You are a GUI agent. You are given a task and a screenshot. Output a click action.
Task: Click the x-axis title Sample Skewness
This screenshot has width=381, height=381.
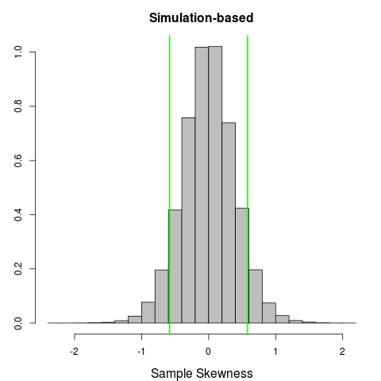(x=202, y=372)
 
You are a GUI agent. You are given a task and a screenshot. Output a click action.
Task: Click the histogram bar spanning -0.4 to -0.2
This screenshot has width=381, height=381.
(x=188, y=222)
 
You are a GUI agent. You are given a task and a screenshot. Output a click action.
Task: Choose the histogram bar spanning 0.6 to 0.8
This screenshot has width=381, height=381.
(x=256, y=298)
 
